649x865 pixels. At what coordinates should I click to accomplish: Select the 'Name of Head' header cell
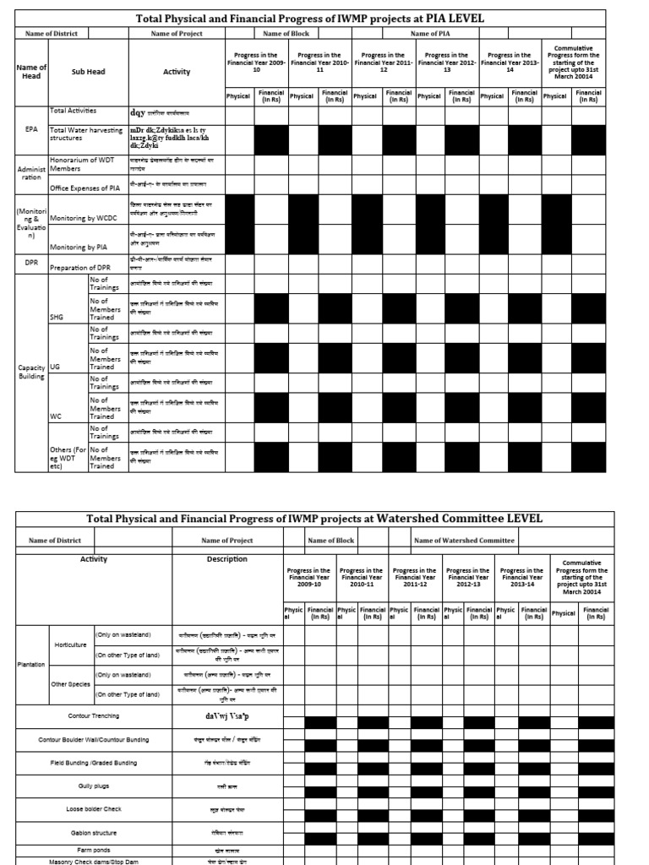click(31, 72)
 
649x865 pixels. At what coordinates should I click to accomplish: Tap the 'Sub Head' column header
click(88, 72)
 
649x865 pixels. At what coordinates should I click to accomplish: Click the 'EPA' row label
click(31, 131)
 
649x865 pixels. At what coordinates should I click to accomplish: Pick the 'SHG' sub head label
click(57, 318)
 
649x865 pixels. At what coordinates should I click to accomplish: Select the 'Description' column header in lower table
click(226, 559)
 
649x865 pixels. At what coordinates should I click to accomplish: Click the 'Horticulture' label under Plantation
click(71, 644)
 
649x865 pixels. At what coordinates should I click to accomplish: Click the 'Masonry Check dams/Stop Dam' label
click(105, 861)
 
